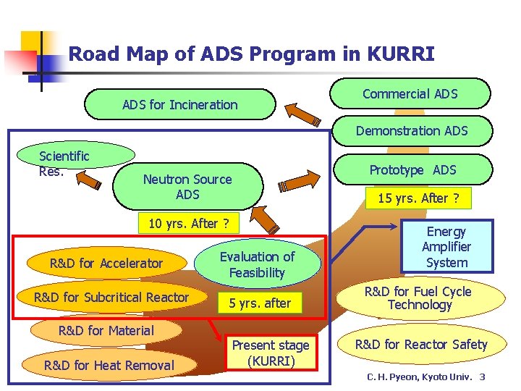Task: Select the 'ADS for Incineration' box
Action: (180, 105)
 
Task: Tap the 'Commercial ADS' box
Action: (410, 94)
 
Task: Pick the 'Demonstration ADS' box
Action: (411, 131)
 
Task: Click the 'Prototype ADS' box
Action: (412, 170)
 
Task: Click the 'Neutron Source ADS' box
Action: (187, 187)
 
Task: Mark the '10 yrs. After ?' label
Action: (188, 223)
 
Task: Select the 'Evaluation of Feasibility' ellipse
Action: (258, 265)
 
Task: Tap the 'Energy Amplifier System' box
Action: (446, 247)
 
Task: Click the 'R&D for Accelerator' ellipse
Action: (106, 264)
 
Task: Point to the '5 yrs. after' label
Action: (260, 303)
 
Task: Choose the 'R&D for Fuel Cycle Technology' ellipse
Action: (418, 298)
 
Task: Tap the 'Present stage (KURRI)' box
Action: (271, 353)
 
